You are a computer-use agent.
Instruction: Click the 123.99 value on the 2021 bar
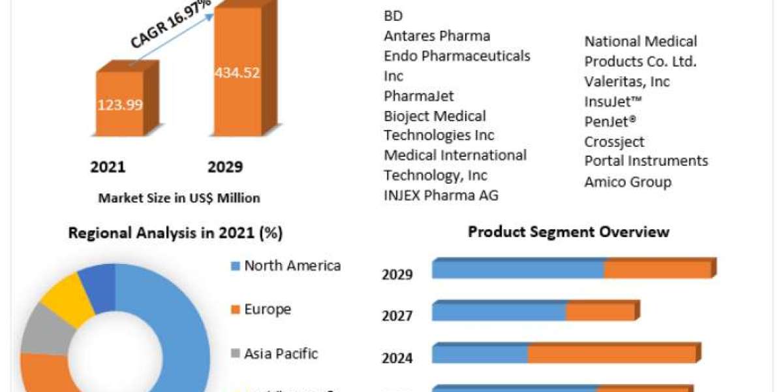click(120, 105)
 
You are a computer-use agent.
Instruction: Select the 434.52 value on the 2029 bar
click(238, 73)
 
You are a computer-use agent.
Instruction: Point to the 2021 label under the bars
click(108, 167)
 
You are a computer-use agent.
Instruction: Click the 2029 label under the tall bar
click(225, 167)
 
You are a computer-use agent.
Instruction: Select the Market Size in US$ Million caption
click(179, 198)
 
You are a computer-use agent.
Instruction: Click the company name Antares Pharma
click(437, 36)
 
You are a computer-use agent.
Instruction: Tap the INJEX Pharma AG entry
click(441, 195)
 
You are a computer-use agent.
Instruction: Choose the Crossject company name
click(614, 142)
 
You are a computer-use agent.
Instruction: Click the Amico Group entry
click(628, 182)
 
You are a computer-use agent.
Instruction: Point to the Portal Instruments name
click(646, 161)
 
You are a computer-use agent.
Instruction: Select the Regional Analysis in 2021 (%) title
click(176, 233)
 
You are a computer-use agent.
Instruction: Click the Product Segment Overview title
click(568, 232)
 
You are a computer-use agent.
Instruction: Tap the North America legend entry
click(292, 266)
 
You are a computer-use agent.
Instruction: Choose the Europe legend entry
click(267, 310)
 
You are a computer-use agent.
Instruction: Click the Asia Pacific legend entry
click(281, 354)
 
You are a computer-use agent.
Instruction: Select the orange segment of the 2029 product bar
click(657, 269)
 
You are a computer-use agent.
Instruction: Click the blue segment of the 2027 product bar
click(499, 311)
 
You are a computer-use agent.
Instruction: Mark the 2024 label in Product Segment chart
click(397, 358)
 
